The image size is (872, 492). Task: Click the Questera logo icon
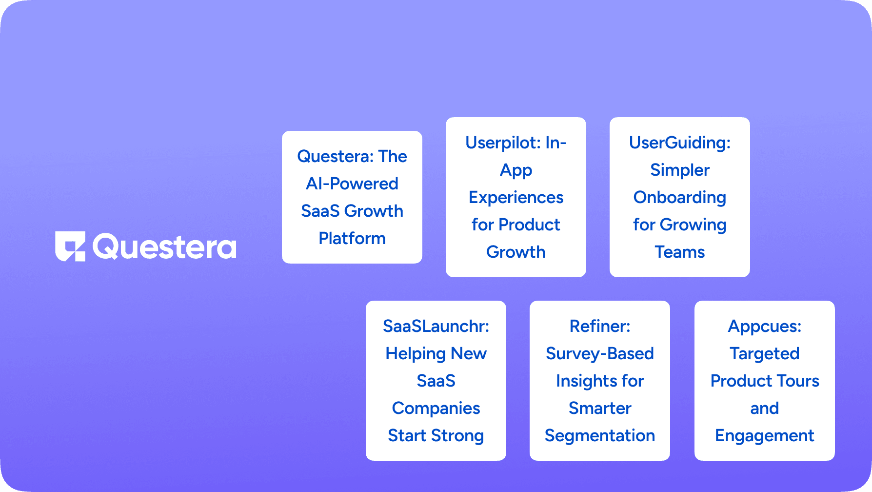pyautogui.click(x=70, y=246)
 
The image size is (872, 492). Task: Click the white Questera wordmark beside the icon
pyautogui.click(x=164, y=247)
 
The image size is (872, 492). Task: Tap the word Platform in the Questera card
pyautogui.click(x=352, y=238)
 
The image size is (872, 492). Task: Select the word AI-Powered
pyautogui.click(x=352, y=184)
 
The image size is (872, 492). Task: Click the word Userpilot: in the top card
pyautogui.click(x=503, y=143)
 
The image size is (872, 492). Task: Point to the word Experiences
pyautogui.click(x=516, y=198)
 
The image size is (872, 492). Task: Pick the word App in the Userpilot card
pyautogui.click(x=516, y=170)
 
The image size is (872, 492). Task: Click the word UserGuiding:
pyautogui.click(x=680, y=143)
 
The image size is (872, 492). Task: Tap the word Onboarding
pyautogui.click(x=680, y=198)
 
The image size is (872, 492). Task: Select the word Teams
pyautogui.click(x=680, y=252)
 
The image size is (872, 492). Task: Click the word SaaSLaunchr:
pyautogui.click(x=436, y=326)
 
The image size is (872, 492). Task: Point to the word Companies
pyautogui.click(x=436, y=409)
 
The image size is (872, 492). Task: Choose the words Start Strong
pyautogui.click(x=436, y=436)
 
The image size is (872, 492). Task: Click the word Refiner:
pyautogui.click(x=600, y=326)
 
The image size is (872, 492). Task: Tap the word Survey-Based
pyautogui.click(x=600, y=354)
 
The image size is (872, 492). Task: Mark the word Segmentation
pyautogui.click(x=600, y=436)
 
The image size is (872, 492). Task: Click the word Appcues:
pyautogui.click(x=765, y=327)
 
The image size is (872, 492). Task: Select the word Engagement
pyautogui.click(x=765, y=436)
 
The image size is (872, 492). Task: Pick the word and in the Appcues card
pyautogui.click(x=765, y=408)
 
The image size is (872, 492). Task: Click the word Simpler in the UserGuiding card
pyautogui.click(x=680, y=170)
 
